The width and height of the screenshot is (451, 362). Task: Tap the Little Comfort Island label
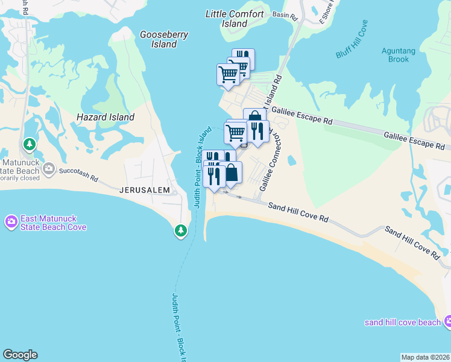pyautogui.click(x=235, y=19)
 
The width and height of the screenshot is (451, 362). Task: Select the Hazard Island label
pyautogui.click(x=106, y=117)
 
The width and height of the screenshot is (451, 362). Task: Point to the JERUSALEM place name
pyautogui.click(x=145, y=189)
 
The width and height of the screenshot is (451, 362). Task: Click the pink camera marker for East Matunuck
pyautogui.click(x=11, y=222)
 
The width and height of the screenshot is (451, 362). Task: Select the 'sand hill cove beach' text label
pyautogui.click(x=402, y=322)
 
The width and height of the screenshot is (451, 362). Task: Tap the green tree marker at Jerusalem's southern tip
pyautogui.click(x=180, y=230)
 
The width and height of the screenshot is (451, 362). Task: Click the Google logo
pyautogui.click(x=20, y=355)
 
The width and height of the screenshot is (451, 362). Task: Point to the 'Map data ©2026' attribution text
pyautogui.click(x=425, y=357)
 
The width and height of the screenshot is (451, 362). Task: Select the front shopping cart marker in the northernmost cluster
pyautogui.click(x=228, y=75)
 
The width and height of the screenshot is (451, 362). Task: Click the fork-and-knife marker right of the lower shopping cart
pyautogui.click(x=257, y=132)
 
